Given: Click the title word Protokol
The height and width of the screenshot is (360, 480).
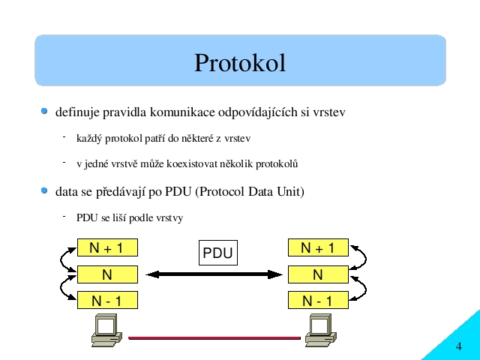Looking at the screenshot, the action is coord(240,63).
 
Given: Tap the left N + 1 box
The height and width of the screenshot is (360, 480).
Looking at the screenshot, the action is coord(107,247).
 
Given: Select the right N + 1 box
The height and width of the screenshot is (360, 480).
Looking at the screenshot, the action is coord(318,247).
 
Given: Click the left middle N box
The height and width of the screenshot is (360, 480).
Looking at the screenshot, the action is coord(107,274).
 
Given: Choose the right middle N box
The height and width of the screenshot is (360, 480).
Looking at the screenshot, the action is coord(318,274).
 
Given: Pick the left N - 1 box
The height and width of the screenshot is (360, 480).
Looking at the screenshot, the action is coord(107,300).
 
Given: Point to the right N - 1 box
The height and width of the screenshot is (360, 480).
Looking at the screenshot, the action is coord(318,300).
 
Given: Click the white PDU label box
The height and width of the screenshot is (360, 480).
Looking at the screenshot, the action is coord(218,253).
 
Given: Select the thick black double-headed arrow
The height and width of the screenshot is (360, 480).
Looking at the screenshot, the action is coord(214,274).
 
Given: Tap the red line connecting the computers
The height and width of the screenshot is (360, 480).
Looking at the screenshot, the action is coord(214,338).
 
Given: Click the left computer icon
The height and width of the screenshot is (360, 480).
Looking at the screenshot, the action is coord(106,331).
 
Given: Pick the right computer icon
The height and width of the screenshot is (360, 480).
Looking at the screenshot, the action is coord(321,331).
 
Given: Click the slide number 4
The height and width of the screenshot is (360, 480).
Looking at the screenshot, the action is coord(458,346).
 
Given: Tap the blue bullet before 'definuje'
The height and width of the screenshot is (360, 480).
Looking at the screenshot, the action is coord(44,111).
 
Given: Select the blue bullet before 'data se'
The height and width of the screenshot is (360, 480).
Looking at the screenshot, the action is coord(44,190).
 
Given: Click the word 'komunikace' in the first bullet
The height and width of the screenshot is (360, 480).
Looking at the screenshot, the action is coord(182,112).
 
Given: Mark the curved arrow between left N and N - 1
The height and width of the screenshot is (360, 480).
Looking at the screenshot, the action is coord(61,288).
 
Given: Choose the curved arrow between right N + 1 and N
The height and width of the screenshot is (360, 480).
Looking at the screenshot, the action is coord(365,258).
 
